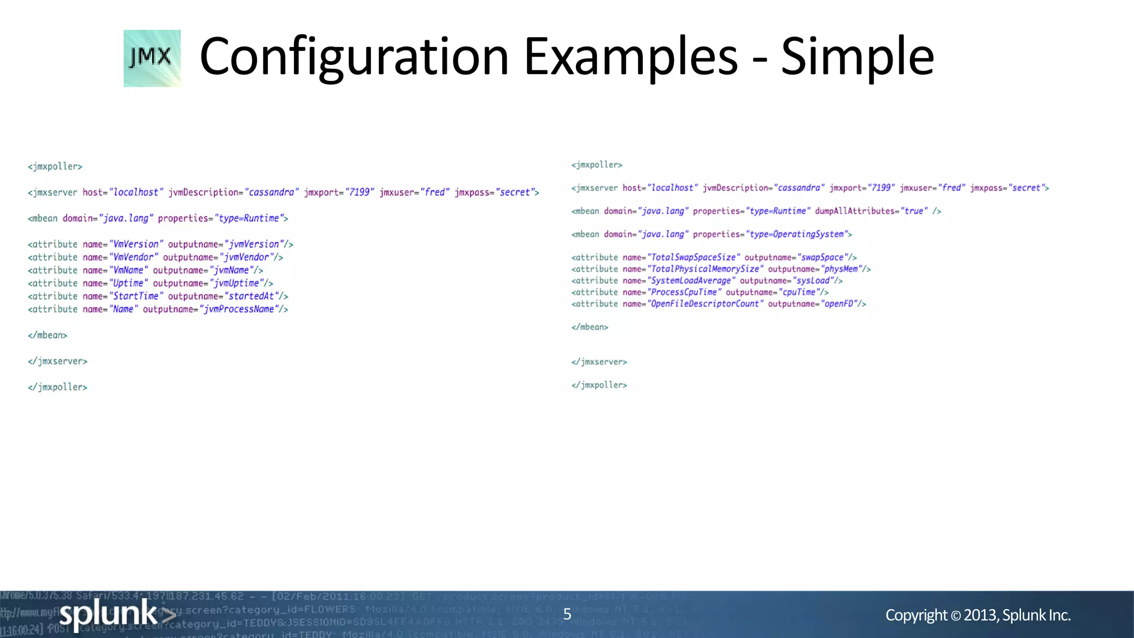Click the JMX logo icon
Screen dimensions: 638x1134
[152, 58]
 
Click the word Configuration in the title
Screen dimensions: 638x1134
[354, 56]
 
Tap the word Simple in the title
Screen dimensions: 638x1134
[857, 56]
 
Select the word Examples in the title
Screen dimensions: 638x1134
[631, 56]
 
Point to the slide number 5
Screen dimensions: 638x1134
[567, 614]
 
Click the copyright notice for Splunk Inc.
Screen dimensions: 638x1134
[978, 615]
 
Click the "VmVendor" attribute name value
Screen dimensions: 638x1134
[133, 258]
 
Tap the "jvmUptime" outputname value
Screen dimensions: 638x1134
[236, 284]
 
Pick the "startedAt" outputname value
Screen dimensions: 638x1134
[251, 296]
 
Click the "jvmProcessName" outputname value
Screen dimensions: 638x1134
[239, 310]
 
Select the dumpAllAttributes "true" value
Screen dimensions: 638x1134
[914, 211]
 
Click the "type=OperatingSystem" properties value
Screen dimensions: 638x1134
[796, 234]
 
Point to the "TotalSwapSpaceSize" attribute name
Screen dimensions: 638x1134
[693, 258]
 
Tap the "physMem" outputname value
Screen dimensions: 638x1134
[841, 269]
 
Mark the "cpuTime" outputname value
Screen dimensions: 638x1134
[798, 292]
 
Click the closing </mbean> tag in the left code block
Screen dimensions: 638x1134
[48, 336]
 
